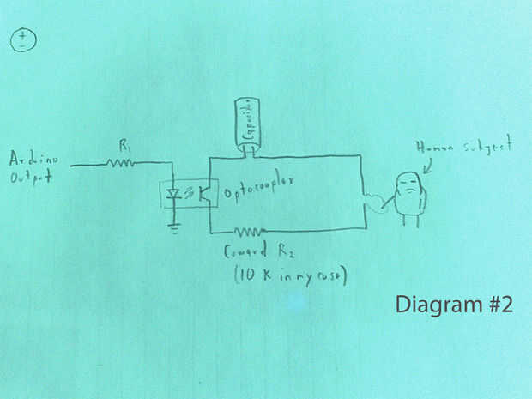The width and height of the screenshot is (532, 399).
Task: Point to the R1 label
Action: [125, 146]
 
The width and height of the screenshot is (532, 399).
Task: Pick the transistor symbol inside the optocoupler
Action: [204, 193]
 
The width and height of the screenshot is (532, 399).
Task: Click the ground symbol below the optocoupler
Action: [176, 229]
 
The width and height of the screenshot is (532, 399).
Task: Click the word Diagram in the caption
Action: [433, 305]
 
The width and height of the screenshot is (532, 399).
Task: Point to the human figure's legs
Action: [410, 220]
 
